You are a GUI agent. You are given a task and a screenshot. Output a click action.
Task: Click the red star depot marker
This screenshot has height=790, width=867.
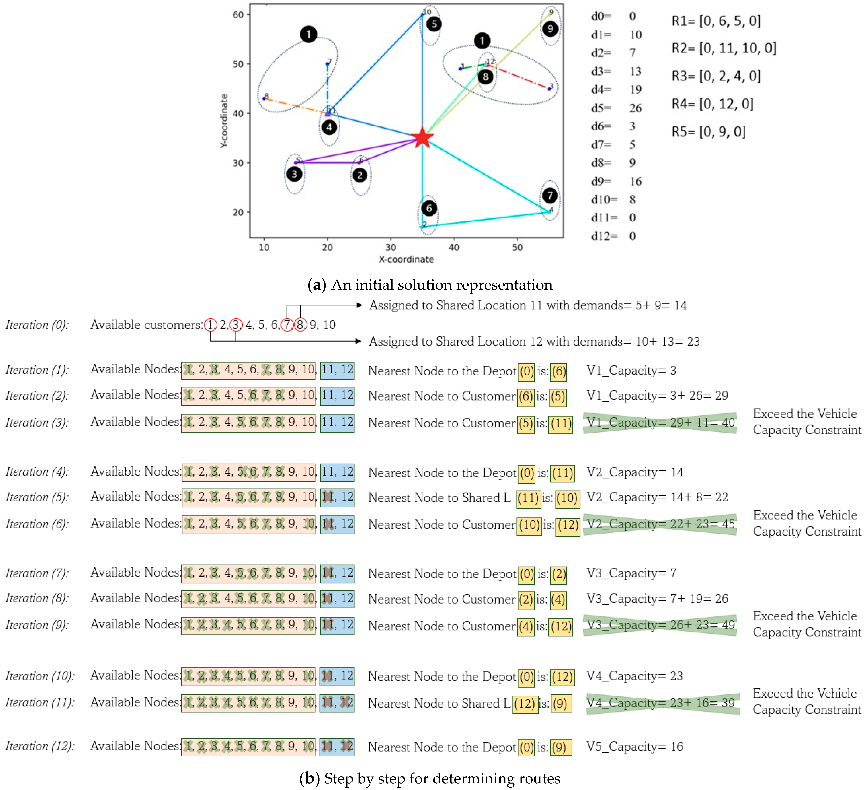coord(422,138)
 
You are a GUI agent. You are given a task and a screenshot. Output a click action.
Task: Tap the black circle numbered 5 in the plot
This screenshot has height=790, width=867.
coord(433,24)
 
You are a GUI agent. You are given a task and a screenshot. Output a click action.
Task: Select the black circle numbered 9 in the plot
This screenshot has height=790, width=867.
coord(550,29)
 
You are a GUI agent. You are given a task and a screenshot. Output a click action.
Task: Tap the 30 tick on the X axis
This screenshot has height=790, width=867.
coord(391,247)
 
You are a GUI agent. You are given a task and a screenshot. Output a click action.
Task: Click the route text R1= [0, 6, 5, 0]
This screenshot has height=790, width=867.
coord(716,21)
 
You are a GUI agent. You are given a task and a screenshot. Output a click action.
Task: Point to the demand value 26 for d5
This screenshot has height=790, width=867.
coord(635,108)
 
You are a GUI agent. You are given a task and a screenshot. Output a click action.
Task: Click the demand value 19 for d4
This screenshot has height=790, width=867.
coord(635,90)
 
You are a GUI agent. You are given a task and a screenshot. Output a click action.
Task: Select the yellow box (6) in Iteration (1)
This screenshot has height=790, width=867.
coord(559,371)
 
